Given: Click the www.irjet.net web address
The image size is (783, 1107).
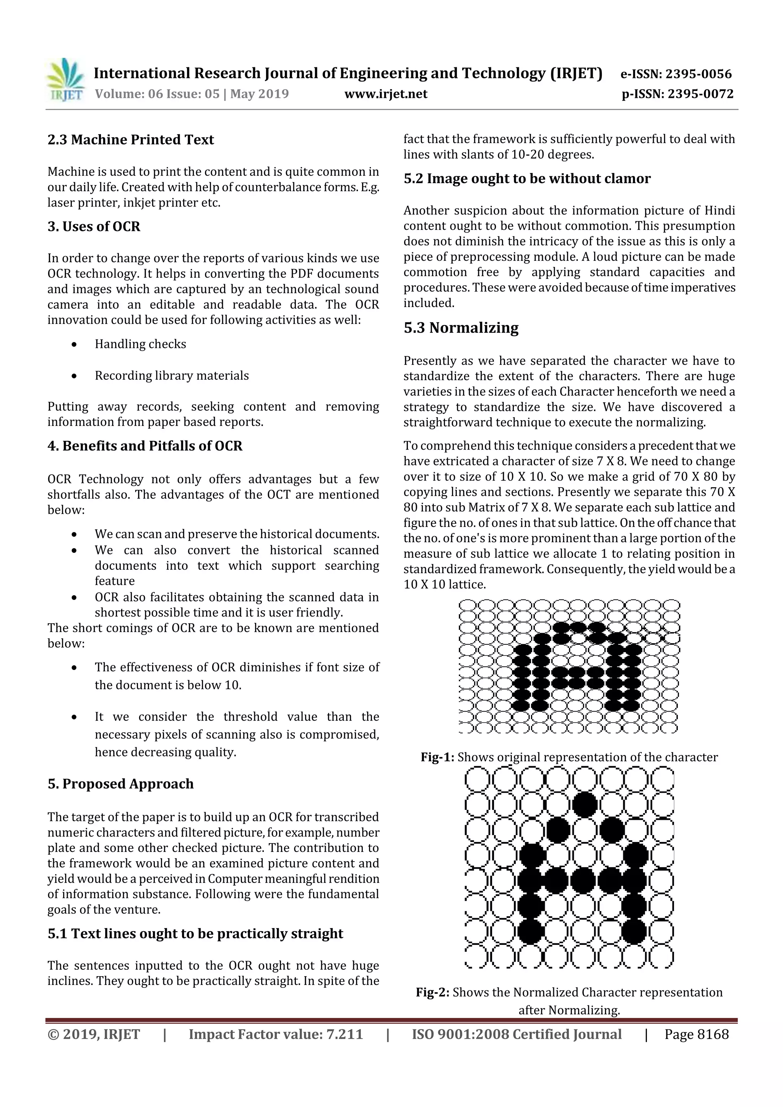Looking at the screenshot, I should (386, 94).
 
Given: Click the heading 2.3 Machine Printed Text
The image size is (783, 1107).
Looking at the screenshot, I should (131, 140).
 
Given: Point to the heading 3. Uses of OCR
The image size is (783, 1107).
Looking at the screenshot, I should (94, 227).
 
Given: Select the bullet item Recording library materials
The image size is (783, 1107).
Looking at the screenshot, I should (172, 376).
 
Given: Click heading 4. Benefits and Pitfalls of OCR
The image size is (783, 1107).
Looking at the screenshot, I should (145, 446).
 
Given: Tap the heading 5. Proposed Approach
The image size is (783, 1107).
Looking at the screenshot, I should (120, 784).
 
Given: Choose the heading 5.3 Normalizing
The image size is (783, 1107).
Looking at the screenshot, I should (461, 328).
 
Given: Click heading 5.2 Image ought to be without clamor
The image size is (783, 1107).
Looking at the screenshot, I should (527, 179).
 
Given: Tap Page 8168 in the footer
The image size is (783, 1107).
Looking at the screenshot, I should (696, 1034).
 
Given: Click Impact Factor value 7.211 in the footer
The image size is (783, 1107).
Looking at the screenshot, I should (275, 1034).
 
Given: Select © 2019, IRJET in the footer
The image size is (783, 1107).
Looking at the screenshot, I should (94, 1034).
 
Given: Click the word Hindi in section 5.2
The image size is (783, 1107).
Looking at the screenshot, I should (720, 211).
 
